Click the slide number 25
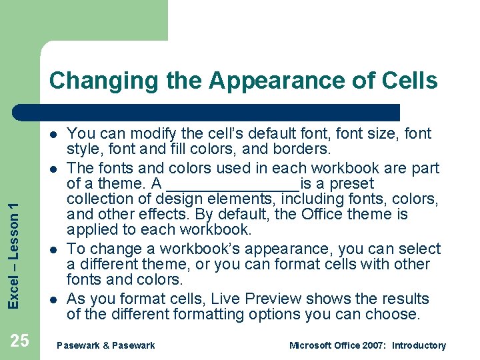tap(20, 341)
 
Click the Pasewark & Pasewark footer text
tap(106, 345)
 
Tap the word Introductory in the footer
tap(419, 345)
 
